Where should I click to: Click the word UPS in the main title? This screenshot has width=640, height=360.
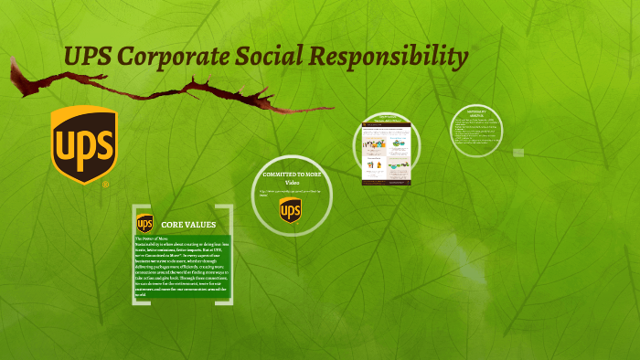[88, 58]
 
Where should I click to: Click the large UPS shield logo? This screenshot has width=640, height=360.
[83, 143]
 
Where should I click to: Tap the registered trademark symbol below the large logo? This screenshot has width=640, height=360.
[106, 185]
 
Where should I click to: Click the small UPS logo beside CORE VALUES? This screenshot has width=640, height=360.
[144, 224]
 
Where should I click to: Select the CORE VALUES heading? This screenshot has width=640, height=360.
[188, 224]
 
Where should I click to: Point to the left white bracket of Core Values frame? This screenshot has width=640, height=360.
[135, 265]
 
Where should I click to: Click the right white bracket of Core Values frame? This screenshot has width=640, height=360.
[230, 265]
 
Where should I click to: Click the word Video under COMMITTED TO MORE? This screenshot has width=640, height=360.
[291, 182]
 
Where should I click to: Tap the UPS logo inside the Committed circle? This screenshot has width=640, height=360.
[290, 211]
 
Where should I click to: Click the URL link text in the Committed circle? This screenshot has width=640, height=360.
[289, 193]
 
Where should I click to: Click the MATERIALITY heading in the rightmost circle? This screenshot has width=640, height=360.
[477, 114]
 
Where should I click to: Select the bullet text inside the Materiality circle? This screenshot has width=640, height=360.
[477, 133]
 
